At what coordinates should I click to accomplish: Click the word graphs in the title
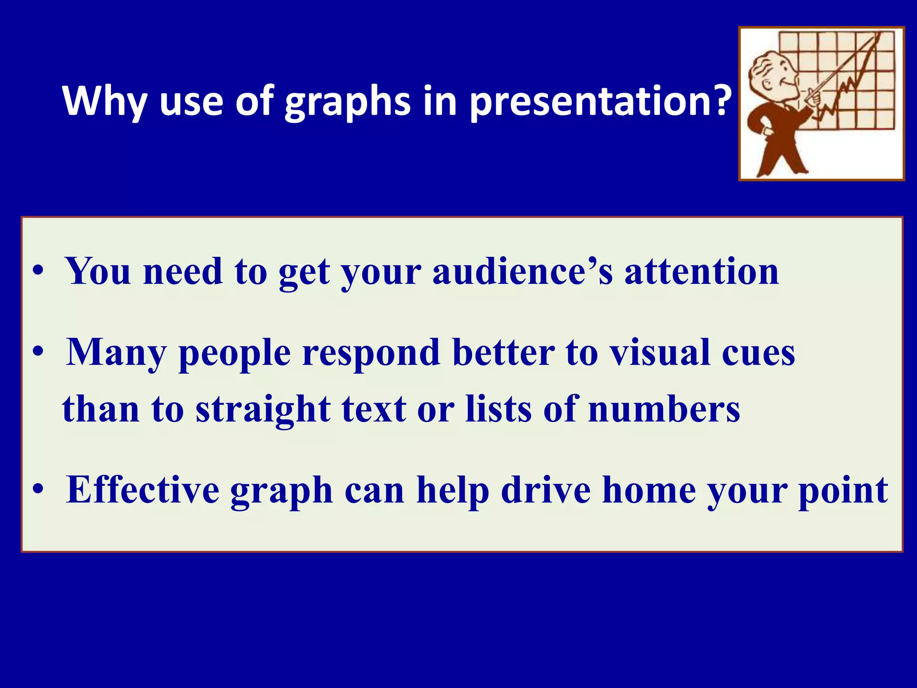[x=347, y=102]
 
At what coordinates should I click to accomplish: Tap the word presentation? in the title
[x=600, y=102]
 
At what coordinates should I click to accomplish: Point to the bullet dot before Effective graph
[x=39, y=490]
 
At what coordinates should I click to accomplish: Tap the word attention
[x=702, y=272]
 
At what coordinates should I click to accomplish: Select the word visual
[x=660, y=353]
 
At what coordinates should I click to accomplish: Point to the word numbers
[x=664, y=409]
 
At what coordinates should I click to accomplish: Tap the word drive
[x=546, y=490]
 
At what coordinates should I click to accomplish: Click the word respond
[x=371, y=353]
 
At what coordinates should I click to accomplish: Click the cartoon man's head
[x=772, y=74]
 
